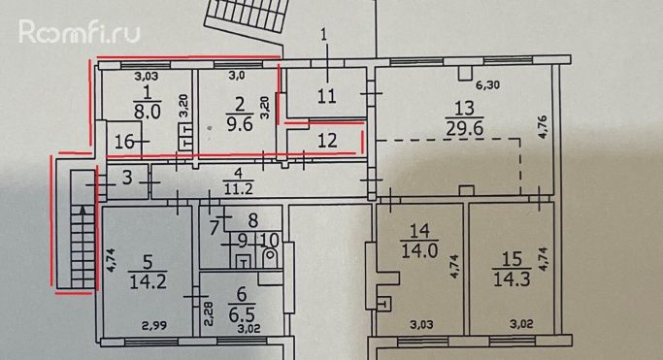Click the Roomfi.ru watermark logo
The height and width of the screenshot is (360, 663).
click(x=79, y=32)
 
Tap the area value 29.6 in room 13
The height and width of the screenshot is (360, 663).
click(x=465, y=128)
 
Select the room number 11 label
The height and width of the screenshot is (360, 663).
click(x=327, y=96)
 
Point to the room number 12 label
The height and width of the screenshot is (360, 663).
click(x=327, y=141)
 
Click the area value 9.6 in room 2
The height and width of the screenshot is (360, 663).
click(x=240, y=124)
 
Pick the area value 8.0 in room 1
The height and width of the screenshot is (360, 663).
click(x=148, y=113)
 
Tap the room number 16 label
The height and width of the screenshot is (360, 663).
click(x=124, y=142)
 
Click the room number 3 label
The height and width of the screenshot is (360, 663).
click(x=127, y=178)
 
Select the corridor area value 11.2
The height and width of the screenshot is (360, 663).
click(x=239, y=188)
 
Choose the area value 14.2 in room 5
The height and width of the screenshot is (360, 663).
click(x=148, y=281)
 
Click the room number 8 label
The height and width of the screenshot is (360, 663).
click(x=252, y=220)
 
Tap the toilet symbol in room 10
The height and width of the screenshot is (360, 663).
click(x=270, y=256)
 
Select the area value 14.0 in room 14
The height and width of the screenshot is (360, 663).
click(x=420, y=252)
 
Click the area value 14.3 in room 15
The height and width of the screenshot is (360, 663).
click(x=512, y=279)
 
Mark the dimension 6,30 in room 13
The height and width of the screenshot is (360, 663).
click(x=487, y=85)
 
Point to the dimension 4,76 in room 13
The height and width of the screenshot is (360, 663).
click(x=544, y=127)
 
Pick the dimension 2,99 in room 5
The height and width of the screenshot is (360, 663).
click(x=154, y=326)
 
